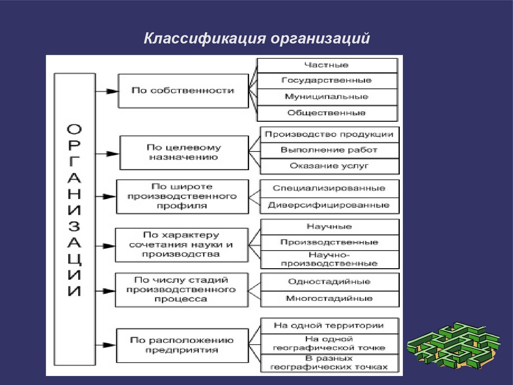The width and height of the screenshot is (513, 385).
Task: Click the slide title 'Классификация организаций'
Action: (x=256, y=39)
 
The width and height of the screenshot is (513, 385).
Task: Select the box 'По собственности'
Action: (x=183, y=91)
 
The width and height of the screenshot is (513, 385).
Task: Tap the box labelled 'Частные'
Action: (x=327, y=65)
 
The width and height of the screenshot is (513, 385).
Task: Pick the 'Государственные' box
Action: (x=327, y=80)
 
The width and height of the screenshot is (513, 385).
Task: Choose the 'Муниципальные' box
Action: (x=327, y=96)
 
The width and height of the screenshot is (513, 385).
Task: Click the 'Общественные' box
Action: (x=327, y=113)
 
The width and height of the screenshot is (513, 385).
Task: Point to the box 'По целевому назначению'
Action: (x=183, y=152)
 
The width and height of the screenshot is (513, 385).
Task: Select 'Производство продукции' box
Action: (x=329, y=134)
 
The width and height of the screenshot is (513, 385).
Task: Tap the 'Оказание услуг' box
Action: (x=329, y=165)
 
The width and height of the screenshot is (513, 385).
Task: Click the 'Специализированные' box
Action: (x=329, y=188)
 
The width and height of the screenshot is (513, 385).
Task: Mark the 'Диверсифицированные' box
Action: (x=329, y=205)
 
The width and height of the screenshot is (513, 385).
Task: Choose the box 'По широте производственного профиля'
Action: (x=182, y=197)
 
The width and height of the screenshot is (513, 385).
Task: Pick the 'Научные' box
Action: (x=329, y=227)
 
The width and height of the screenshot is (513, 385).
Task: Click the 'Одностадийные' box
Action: (x=329, y=282)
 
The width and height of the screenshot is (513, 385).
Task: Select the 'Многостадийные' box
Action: (x=329, y=298)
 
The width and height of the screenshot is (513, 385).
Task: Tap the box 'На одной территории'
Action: (x=329, y=325)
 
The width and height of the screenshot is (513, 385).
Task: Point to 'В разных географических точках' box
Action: (x=329, y=362)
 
